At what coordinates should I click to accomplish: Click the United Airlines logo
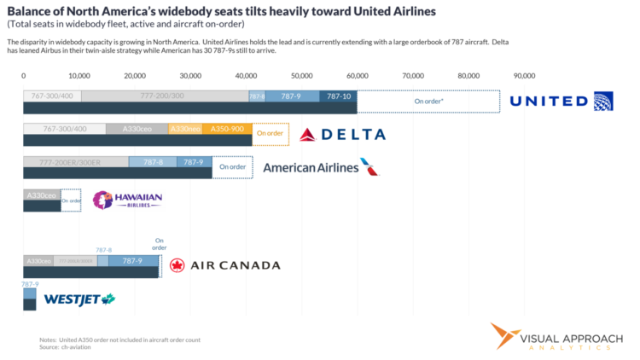(x=561, y=102)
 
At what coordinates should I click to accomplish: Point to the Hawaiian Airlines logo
(x=127, y=200)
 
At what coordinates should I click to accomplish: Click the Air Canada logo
(x=224, y=265)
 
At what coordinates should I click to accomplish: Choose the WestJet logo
(x=79, y=299)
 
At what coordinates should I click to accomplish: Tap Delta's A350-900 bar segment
(x=227, y=129)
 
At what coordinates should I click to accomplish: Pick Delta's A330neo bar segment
(x=184, y=129)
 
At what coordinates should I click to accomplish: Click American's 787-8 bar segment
(x=153, y=161)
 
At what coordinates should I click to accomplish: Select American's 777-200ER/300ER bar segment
(x=76, y=161)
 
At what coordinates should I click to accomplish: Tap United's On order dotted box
(x=428, y=101)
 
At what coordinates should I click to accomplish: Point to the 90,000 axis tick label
(x=524, y=76)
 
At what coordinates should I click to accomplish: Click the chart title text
(x=221, y=12)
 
